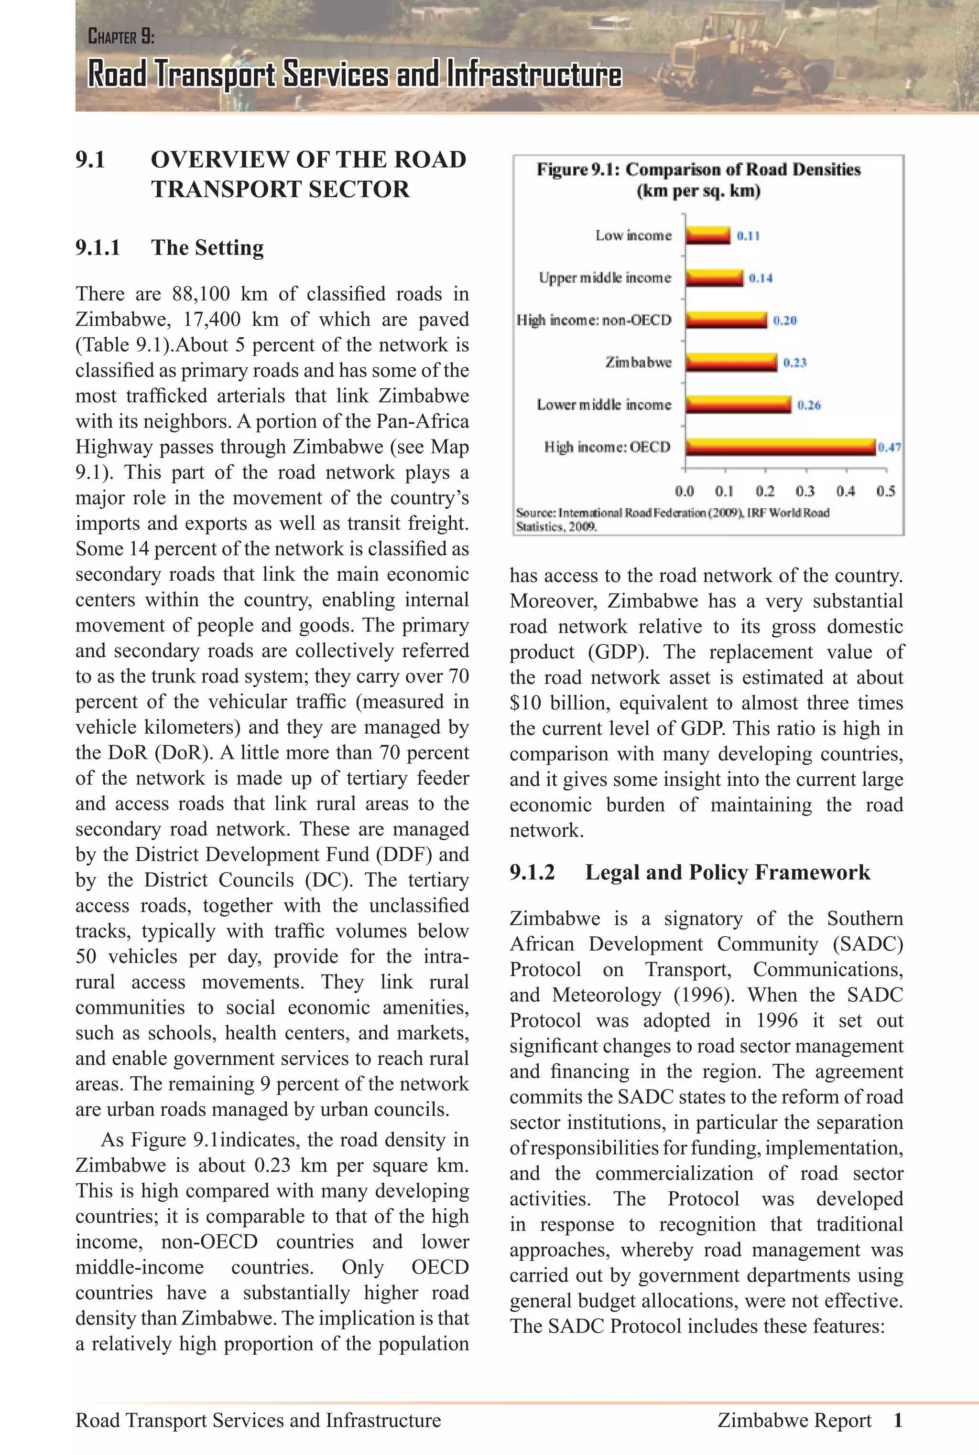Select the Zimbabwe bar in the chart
point(731,363)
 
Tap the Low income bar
point(707,235)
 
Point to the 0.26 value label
point(808,406)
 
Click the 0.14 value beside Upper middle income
point(761,278)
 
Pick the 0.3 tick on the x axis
point(805,492)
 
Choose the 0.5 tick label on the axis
point(885,492)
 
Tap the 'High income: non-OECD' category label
point(594,320)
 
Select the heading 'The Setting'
point(207,248)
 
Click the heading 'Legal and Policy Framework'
point(727,872)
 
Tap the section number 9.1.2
point(532,872)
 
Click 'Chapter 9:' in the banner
point(121,37)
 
